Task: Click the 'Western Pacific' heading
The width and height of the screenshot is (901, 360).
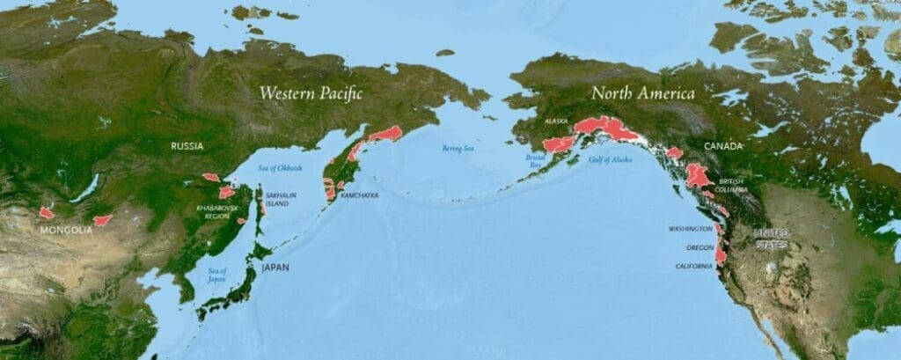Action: coord(311,92)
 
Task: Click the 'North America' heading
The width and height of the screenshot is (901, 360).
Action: coord(642,92)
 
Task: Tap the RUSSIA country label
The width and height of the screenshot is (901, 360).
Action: coord(187,146)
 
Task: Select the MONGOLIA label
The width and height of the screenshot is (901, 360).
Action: coord(66,230)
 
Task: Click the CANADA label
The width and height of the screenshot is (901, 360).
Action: coord(722,146)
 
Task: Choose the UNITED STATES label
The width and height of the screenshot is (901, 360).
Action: coord(771,239)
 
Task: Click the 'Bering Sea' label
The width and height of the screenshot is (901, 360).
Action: coord(458,149)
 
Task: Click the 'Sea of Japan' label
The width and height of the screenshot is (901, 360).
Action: coord(217,275)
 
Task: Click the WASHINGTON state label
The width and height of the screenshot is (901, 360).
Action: coord(689,229)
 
